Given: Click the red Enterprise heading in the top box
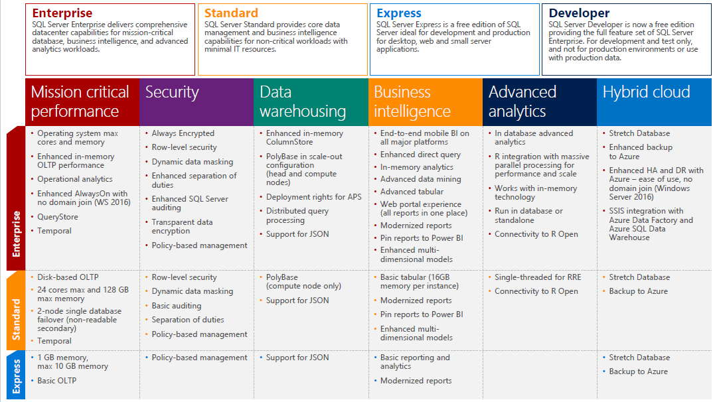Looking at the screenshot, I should click(62, 13).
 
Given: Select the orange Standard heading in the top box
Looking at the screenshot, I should click(232, 13).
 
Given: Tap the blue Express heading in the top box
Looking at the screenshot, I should click(398, 13).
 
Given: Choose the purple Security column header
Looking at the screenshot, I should click(172, 92).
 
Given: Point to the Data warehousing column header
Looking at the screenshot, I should click(303, 101).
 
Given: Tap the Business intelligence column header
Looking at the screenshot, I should click(412, 101).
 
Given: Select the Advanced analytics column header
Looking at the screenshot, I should click(522, 101).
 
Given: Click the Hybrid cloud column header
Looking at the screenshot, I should click(646, 92).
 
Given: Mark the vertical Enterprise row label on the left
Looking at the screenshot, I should click(17, 234).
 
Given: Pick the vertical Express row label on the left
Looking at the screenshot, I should click(17, 375).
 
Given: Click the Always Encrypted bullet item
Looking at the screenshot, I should click(183, 133).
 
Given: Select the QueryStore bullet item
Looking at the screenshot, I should click(58, 217).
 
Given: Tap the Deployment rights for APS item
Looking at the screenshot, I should click(313, 197).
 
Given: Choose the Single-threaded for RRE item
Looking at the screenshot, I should click(537, 277).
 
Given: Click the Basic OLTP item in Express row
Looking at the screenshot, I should click(56, 381).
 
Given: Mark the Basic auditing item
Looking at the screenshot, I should click(176, 306).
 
